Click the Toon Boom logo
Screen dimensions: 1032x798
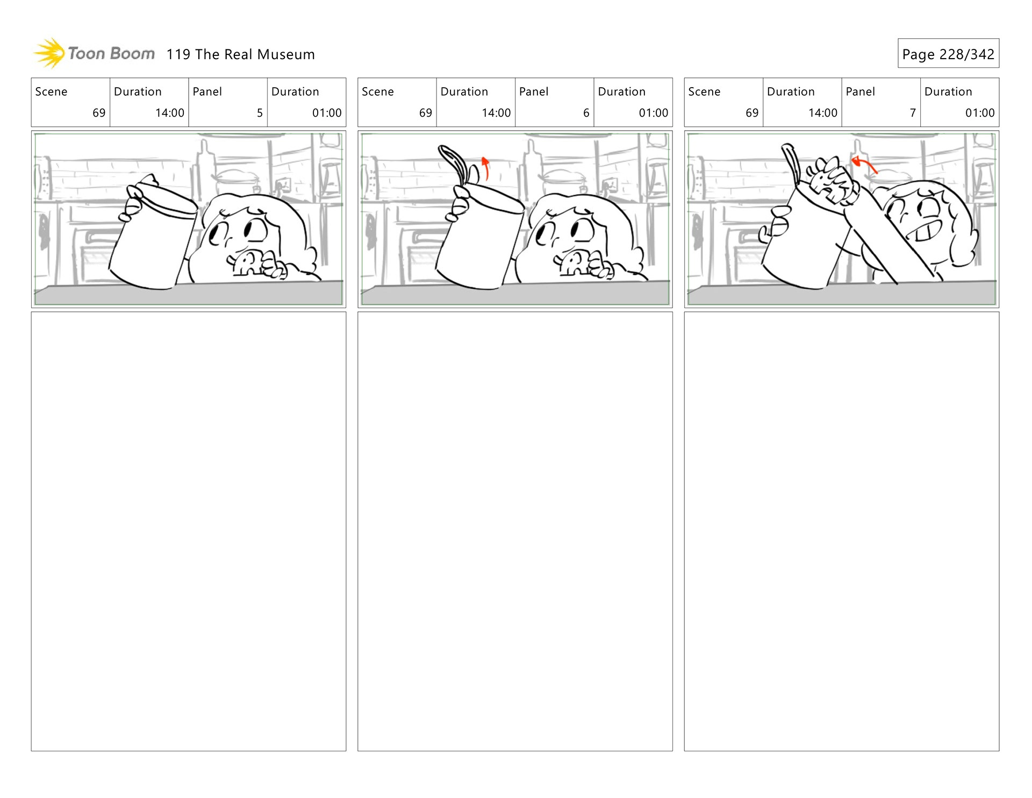(x=94, y=53)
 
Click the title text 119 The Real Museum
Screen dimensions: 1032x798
(x=240, y=54)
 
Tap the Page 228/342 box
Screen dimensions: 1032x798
(x=948, y=53)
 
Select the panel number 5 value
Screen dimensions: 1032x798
(x=260, y=113)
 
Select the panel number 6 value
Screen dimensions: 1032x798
(x=586, y=113)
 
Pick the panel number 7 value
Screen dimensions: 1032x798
(x=913, y=113)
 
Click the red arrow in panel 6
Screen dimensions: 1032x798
(x=486, y=168)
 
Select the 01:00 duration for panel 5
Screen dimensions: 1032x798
(x=327, y=113)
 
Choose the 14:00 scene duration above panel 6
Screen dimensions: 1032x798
(x=496, y=113)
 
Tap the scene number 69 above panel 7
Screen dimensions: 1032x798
(x=752, y=113)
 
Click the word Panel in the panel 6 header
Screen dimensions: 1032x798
(x=534, y=92)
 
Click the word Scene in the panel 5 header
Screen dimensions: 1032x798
(x=51, y=92)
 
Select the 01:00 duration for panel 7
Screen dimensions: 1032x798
(x=980, y=113)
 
